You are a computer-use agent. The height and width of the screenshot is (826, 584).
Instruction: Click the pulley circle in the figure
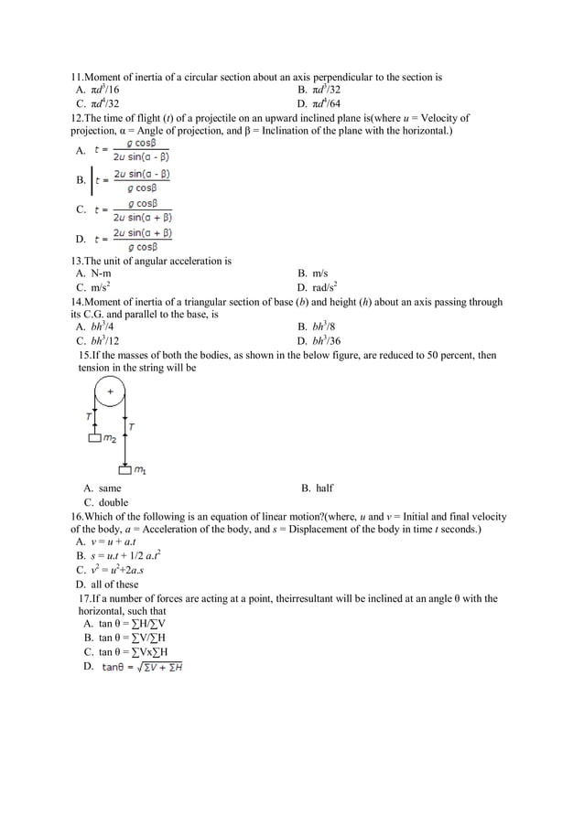click(x=110, y=392)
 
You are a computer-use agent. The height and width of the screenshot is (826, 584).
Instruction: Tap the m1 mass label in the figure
click(x=140, y=471)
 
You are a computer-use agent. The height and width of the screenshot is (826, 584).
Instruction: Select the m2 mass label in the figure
click(x=110, y=439)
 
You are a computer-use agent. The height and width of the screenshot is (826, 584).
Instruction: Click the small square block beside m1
click(x=124, y=470)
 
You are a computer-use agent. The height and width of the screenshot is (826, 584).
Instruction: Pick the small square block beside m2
click(x=94, y=438)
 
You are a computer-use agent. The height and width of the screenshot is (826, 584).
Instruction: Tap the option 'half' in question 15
click(x=330, y=488)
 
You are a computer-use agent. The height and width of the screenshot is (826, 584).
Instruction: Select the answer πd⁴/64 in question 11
click(x=328, y=104)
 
